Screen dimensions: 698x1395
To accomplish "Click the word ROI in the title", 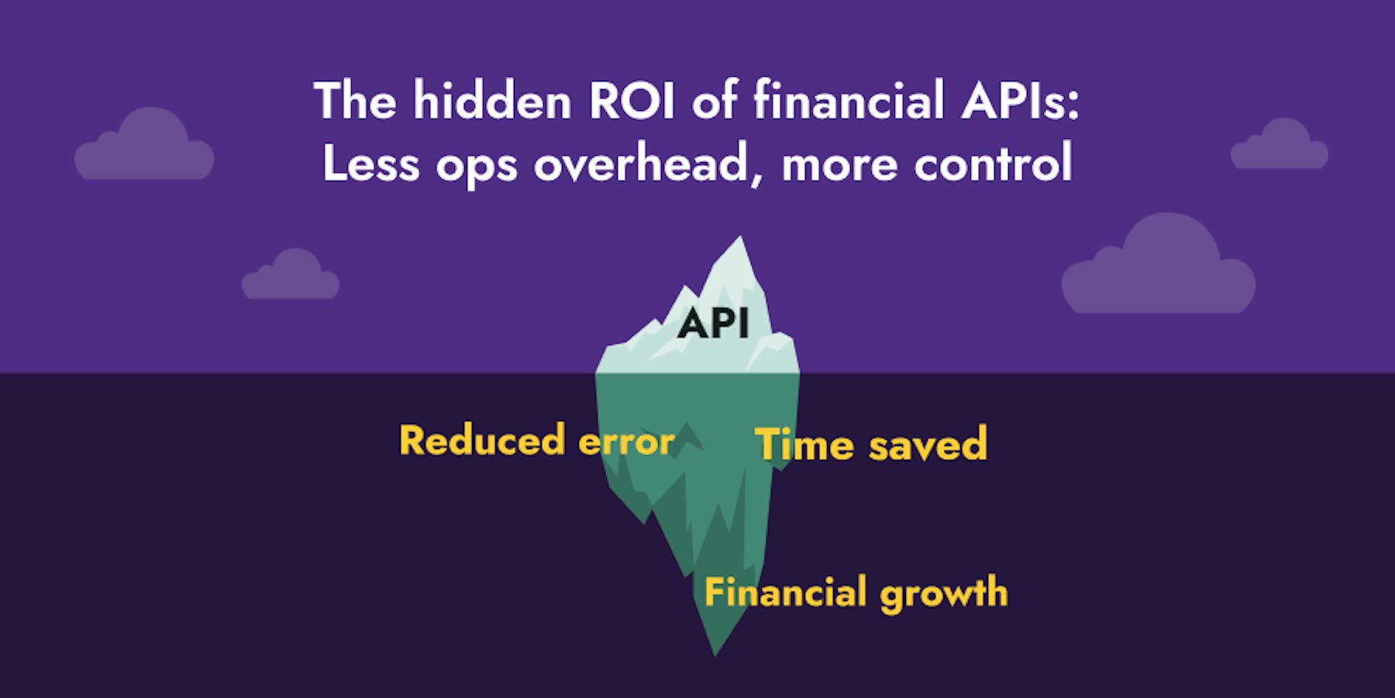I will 632,101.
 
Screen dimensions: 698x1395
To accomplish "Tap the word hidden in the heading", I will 492,101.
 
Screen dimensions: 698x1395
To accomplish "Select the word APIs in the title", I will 1020,101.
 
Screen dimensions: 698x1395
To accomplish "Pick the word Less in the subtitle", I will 370,164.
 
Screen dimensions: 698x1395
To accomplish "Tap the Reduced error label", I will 536,441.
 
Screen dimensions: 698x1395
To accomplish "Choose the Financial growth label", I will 856,593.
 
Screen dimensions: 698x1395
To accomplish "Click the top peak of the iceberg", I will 740,240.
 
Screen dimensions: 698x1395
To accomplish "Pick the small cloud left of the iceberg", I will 291,278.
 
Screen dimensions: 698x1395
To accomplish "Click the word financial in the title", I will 849,101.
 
